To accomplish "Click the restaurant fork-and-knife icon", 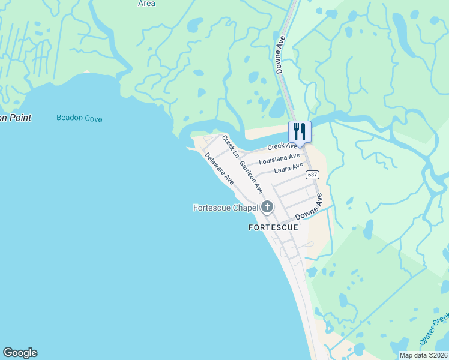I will pos(300,131).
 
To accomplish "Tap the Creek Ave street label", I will pos(282,146).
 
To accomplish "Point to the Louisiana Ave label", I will pos(279,159).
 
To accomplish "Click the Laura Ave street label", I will pos(288,169).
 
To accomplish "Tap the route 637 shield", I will pos(312,175).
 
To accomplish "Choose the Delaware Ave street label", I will pos(218,167).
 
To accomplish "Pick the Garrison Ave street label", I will pos(251,176).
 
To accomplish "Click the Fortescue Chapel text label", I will pos(226,208).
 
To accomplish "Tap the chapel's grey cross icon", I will pos(267,208).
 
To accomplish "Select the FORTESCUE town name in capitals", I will pos(273,228).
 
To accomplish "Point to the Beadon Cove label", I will pos(79,118).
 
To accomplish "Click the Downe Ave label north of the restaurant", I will pos(280,54).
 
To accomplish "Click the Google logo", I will pos(20,353).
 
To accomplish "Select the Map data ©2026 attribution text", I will pos(423,355).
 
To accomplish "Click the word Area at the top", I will pos(146,4).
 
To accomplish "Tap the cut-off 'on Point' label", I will pos(16,118).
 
